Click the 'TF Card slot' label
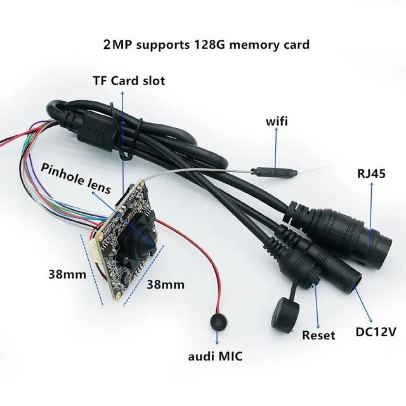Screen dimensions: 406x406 click(129, 81)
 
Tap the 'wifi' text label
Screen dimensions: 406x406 click(277, 121)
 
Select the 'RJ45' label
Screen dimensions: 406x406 click(371, 173)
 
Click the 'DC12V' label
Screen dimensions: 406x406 click(376, 332)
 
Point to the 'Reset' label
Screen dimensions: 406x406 click(318, 335)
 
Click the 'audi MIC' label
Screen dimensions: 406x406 click(215, 357)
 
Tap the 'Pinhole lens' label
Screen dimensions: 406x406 click(76, 178)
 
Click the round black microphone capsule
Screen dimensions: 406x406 click(218, 322)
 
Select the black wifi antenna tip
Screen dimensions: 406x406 click(273, 172)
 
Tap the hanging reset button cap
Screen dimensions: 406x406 click(285, 313)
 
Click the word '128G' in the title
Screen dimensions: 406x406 click(210, 44)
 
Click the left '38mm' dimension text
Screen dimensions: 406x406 click(67, 275)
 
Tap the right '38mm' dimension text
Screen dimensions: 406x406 click(166, 285)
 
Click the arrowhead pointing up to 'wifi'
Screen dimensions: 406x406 click(276, 130)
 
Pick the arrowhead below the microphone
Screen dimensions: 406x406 click(217, 342)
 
